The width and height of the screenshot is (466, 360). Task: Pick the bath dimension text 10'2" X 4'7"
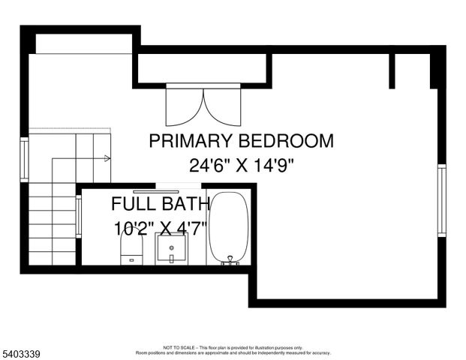click(x=161, y=228)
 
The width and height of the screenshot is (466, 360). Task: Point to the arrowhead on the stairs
click(x=107, y=158)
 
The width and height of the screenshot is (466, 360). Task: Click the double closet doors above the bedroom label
click(x=203, y=106)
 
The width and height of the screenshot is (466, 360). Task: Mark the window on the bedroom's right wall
click(x=441, y=200)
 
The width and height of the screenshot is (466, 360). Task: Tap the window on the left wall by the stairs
click(x=25, y=159)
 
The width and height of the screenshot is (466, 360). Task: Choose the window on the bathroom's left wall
click(x=78, y=217)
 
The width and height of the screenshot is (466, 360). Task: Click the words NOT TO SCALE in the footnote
click(x=179, y=348)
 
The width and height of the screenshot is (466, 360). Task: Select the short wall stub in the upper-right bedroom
click(x=392, y=70)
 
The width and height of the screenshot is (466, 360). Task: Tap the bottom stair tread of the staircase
click(x=53, y=258)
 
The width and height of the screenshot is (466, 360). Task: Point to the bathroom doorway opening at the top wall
click(x=178, y=185)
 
